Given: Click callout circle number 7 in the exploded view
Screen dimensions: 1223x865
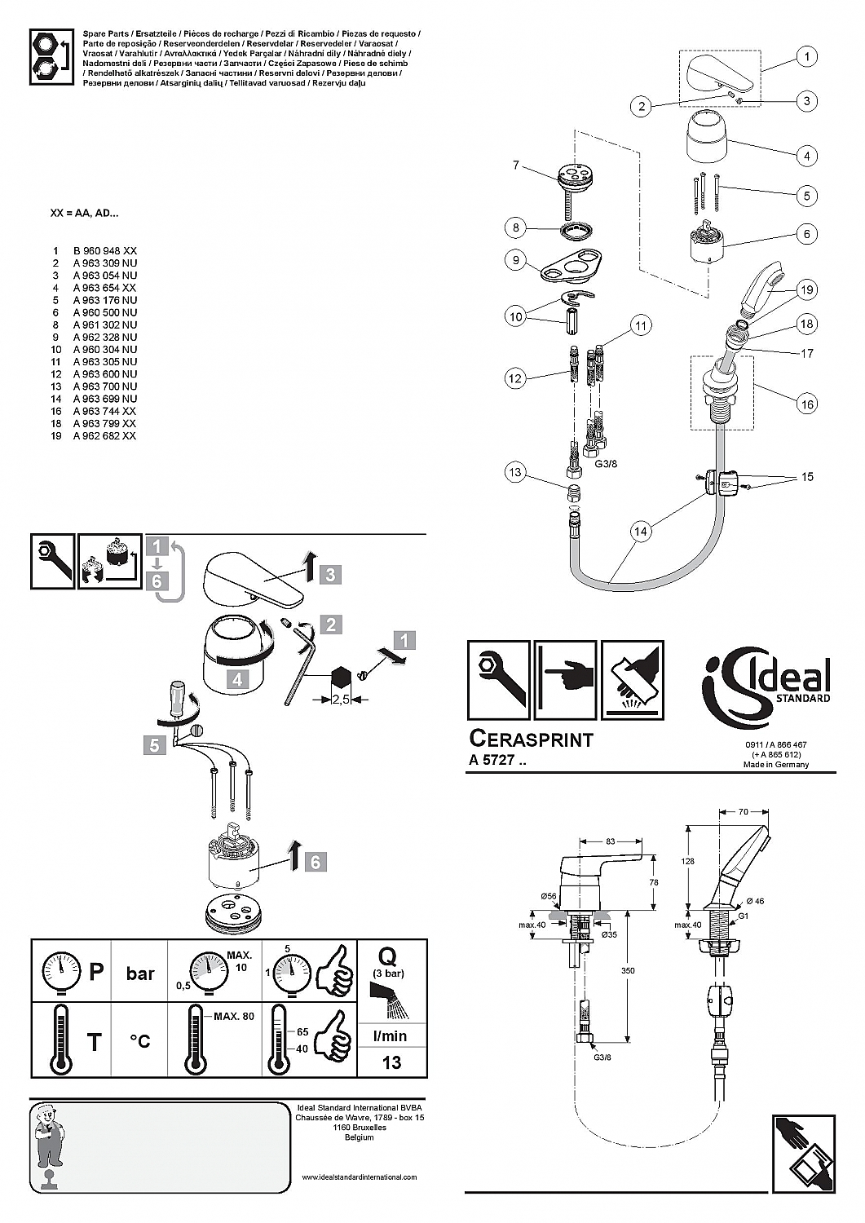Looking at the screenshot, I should pos(515,166).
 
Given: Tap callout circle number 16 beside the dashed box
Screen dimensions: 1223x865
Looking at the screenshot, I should pos(806,404).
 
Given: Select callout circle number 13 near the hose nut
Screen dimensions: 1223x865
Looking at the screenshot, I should pos(514,473).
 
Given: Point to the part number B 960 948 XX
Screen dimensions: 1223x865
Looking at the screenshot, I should pos(104,251).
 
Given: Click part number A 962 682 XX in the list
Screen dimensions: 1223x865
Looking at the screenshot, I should pos(104,436).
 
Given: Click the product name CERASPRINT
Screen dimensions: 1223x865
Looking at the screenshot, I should pos(532,739).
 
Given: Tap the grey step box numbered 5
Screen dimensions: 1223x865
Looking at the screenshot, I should pos(155,744).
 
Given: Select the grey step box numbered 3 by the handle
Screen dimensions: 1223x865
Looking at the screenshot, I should pos(330,575).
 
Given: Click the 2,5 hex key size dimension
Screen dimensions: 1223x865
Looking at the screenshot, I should pos(341,700).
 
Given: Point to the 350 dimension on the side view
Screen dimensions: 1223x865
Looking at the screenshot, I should pos(627,971).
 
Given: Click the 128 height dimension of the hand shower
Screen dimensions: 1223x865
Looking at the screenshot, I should pos(688,862).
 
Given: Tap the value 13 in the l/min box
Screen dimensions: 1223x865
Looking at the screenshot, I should pos(391,1062).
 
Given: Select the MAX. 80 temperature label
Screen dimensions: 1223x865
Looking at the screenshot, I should pos(234,1017).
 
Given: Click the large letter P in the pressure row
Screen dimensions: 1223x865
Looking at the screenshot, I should pos(96,972).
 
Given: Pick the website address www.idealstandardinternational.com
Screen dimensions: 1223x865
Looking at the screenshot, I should pos(359,1177).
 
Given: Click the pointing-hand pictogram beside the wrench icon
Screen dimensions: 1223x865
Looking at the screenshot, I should pos(565,680).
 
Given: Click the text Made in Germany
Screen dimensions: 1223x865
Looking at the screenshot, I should pos(775,765).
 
